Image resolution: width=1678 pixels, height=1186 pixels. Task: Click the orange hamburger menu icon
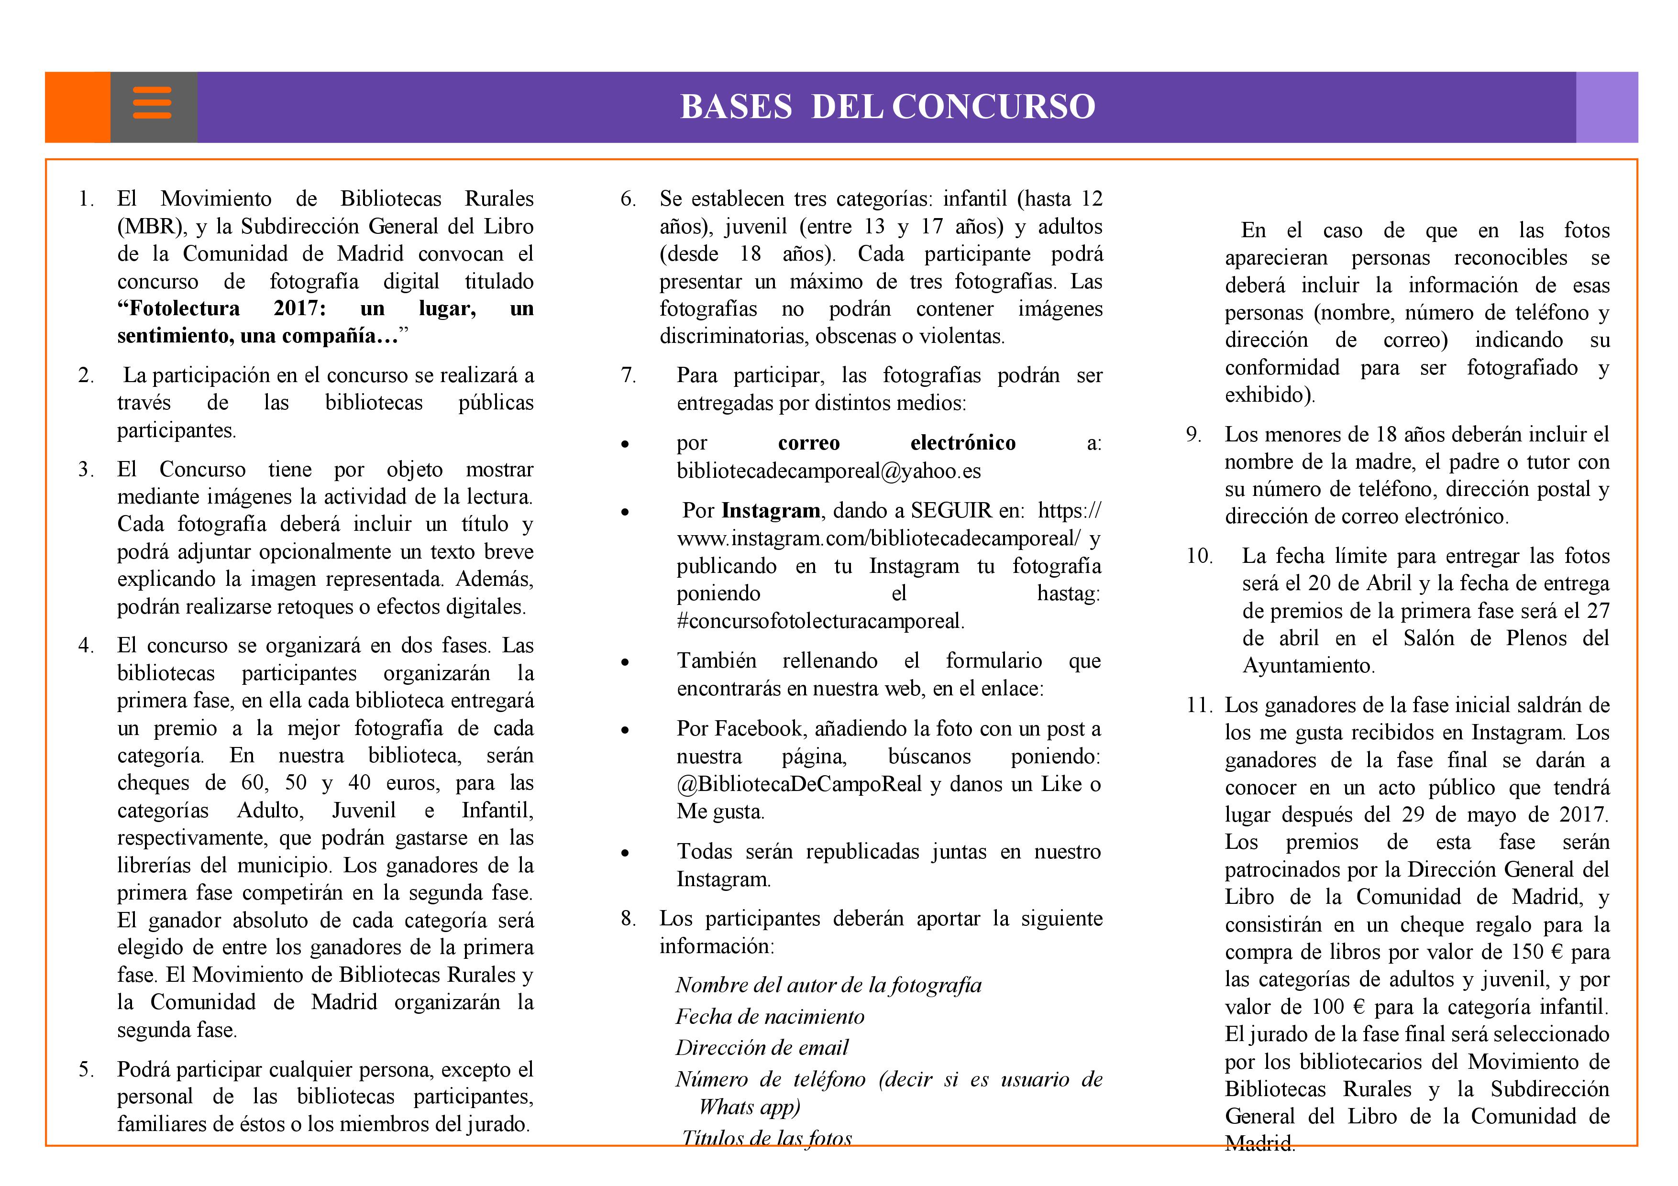coord(152,103)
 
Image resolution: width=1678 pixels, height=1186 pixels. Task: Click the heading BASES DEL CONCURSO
coord(887,107)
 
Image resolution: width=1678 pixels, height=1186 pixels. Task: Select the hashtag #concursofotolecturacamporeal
coord(820,621)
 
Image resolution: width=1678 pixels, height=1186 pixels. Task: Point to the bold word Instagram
coord(770,510)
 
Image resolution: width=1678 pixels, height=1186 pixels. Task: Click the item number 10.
coord(1199,556)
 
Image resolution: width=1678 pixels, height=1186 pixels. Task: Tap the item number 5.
coord(86,1070)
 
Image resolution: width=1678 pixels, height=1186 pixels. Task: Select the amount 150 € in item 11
coord(1535,952)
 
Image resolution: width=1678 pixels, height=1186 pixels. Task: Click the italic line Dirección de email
coord(762,1048)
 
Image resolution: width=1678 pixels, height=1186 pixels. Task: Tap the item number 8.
coord(628,919)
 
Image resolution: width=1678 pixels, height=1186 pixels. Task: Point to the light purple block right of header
coord(1606,107)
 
